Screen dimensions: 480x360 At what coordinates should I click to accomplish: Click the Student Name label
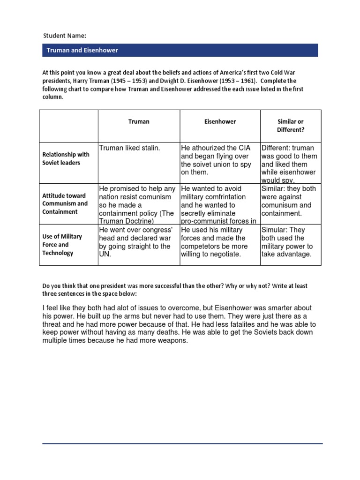(65, 36)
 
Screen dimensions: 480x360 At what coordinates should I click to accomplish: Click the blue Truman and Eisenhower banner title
(82, 50)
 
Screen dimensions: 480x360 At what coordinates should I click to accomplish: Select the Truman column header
(139, 121)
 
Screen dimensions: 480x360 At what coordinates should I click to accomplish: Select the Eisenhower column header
(220, 121)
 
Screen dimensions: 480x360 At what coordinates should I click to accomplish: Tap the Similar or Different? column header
(291, 126)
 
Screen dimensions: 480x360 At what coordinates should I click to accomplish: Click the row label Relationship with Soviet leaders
(66, 158)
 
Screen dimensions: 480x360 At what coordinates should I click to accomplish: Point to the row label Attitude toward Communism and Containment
(65, 203)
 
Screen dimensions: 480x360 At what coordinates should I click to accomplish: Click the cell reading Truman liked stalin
(130, 148)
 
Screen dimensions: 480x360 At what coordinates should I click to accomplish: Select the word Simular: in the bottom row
(276, 230)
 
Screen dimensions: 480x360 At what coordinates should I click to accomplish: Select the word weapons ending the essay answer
(173, 341)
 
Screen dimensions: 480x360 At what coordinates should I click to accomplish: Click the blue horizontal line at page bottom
(182, 443)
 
